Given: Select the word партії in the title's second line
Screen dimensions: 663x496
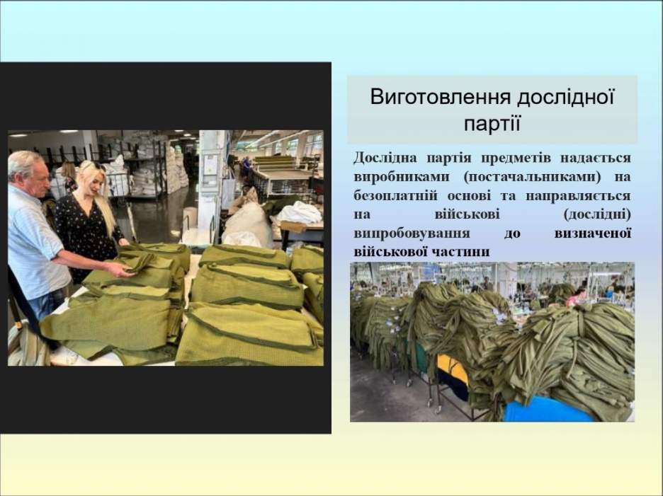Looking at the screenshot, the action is point(492,124).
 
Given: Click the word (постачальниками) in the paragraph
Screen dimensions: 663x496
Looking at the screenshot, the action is point(532,177).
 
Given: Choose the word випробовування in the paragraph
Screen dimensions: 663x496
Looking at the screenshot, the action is point(412,233).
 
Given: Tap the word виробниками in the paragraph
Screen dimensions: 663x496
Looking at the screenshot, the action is point(401,177).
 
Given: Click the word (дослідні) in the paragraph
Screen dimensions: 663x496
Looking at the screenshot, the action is point(597,214).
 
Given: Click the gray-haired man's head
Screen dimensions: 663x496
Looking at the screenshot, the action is point(28,173).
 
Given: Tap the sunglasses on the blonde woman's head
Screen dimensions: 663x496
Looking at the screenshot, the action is point(91,166).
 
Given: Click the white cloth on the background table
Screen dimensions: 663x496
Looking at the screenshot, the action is point(299,212).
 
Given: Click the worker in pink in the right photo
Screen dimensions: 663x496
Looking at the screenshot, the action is point(575,299).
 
